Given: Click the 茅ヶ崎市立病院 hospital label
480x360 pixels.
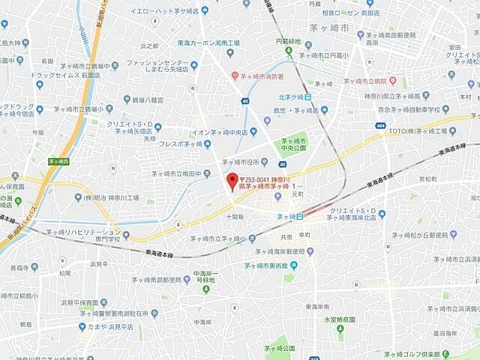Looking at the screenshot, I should [368, 80].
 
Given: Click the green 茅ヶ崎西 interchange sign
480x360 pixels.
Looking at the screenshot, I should [58, 161].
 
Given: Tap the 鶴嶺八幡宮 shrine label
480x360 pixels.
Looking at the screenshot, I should [147, 99].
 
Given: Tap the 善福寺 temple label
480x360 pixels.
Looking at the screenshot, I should [24, 267].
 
